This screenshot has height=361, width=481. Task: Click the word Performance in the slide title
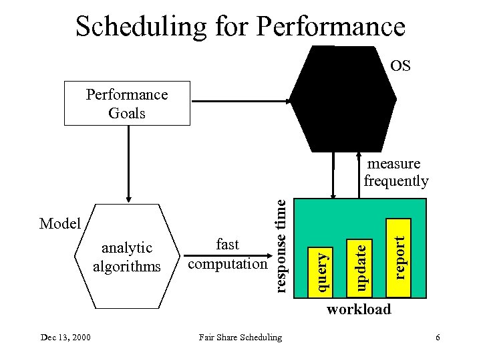(x=331, y=27)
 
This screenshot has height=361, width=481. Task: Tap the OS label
(x=400, y=66)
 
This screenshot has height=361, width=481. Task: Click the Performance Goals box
(x=127, y=104)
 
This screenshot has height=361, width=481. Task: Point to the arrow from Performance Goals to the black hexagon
(x=240, y=102)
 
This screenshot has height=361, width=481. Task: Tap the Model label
(x=60, y=223)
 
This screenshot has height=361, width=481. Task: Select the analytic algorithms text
(x=127, y=257)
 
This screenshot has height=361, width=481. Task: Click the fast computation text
(x=227, y=255)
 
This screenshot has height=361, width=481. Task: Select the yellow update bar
(x=361, y=266)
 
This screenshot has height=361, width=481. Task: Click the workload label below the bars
(x=358, y=309)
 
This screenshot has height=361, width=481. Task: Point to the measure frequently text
(x=396, y=172)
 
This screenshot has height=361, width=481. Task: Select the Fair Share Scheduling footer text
(x=240, y=338)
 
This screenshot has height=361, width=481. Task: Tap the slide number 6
(x=437, y=338)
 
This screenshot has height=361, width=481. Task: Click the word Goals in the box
(x=127, y=113)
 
